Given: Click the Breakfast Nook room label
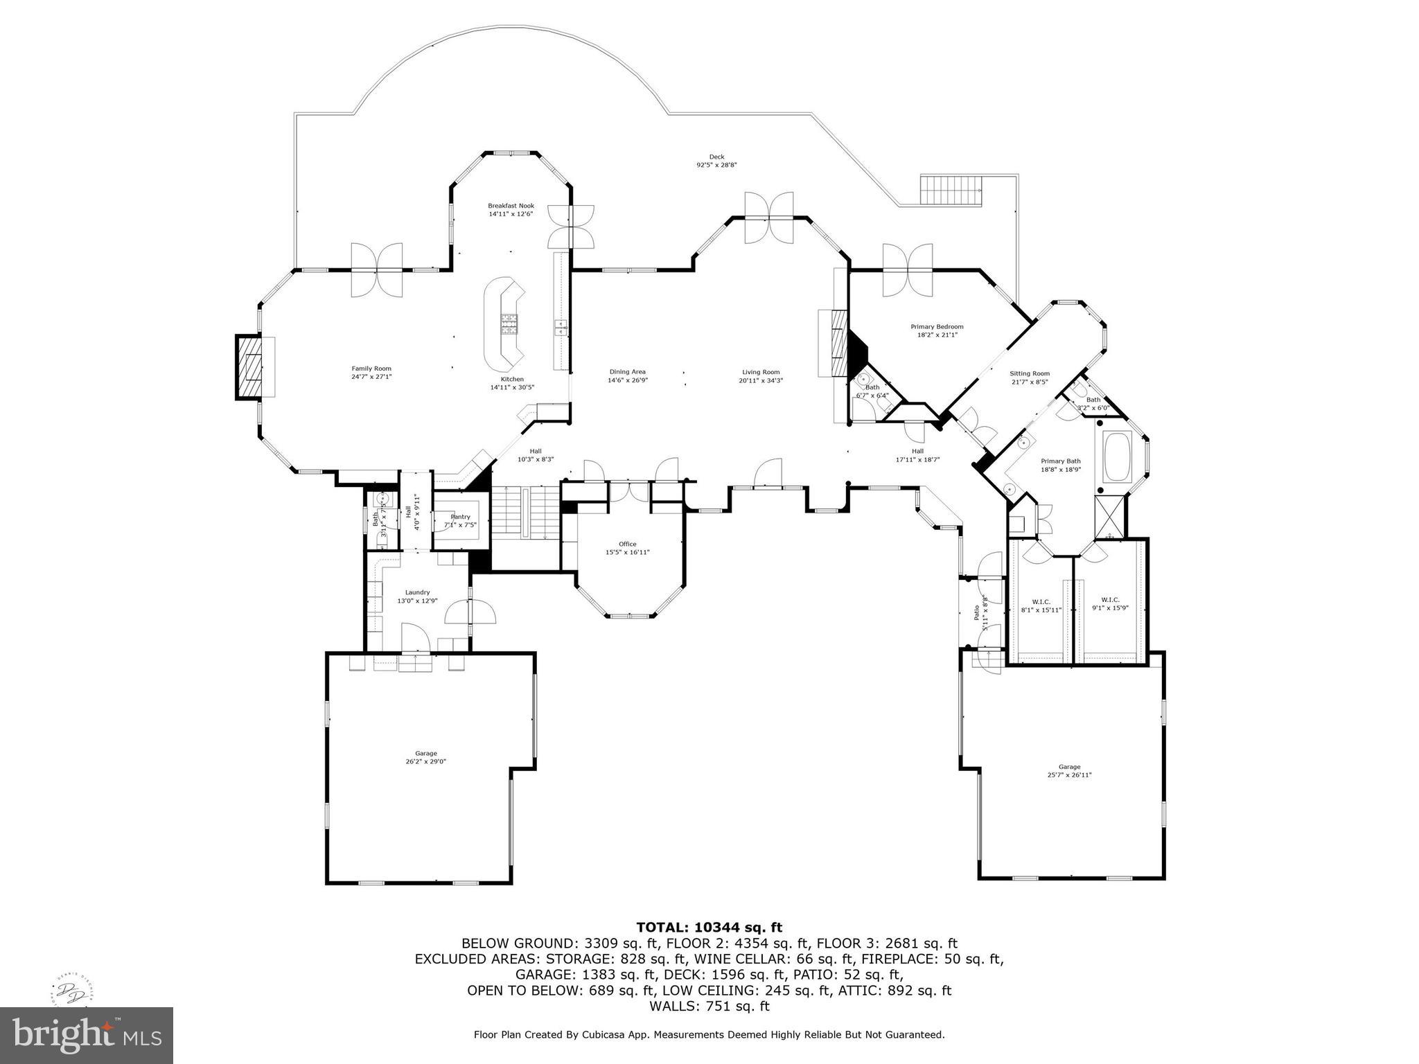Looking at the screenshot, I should pos(511,206).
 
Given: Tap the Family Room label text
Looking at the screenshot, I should pos(371,369).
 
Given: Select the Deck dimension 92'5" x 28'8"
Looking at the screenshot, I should pos(716,165).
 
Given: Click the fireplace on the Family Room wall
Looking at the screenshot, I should pos(252,366).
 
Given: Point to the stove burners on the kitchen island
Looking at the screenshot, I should pos(509,324).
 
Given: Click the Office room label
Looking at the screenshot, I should pos(627,544).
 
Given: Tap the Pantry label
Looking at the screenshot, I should pos(460,517).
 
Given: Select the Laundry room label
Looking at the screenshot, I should pos(417,592).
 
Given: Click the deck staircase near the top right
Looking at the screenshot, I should pos(951,190).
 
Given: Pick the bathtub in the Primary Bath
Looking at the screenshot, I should pos(1117,456).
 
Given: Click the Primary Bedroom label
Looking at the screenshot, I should pos(936,327).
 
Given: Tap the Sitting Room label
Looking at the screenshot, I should pos(1029,373).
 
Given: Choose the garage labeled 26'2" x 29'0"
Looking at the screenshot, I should pos(425,757).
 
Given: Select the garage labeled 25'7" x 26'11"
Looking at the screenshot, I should pos(1069,770).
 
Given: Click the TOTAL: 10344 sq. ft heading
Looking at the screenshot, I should pos(709,927).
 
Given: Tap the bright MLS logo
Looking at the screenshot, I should pos(87,1036).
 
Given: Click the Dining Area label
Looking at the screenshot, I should pos(627,372).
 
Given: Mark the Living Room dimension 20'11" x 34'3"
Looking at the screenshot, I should pos(761,380).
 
